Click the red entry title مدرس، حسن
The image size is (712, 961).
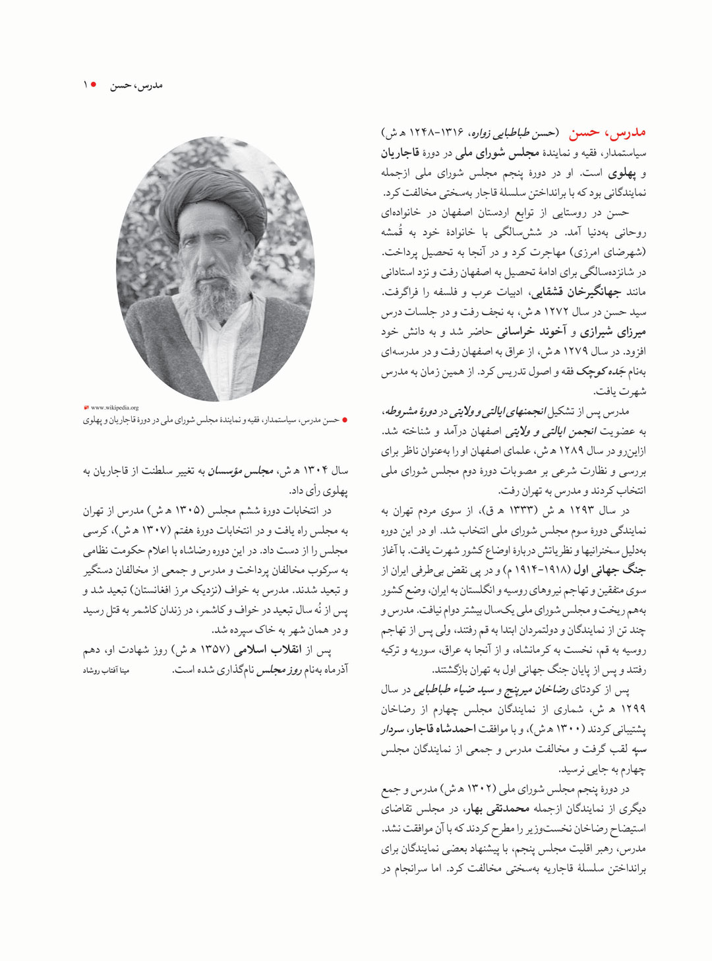click(x=608, y=133)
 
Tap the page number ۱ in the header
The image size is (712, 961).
click(x=85, y=85)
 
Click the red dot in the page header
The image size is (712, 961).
click(x=94, y=85)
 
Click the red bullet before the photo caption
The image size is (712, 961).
click(x=344, y=420)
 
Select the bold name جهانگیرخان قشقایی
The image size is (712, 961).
click(x=576, y=292)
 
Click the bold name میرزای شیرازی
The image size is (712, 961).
click(x=614, y=332)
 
